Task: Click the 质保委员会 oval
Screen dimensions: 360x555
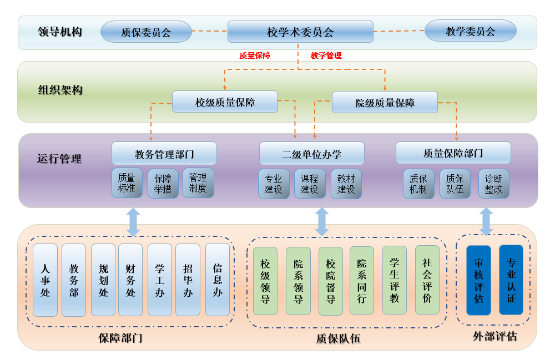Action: pos(146,32)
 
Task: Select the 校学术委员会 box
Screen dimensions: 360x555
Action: pos(300,32)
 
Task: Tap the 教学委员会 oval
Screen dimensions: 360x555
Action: pos(470,31)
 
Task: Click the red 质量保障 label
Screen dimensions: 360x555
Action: pos(255,55)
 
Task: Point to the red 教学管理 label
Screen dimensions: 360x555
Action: pos(326,55)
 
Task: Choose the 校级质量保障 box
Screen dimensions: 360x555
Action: pos(225,102)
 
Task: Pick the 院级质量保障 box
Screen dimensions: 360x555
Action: pos(385,103)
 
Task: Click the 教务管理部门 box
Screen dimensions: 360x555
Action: pos(164,154)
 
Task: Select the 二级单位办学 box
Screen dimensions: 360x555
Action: pos(311,154)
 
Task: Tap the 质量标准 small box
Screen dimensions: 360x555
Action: pos(127,183)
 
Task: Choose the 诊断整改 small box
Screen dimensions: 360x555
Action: pos(493,184)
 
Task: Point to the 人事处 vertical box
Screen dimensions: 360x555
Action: pos(46,280)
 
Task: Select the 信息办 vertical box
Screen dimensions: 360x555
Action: pos(218,280)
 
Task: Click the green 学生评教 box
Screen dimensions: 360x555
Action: pos(395,280)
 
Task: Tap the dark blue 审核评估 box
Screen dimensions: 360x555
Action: pos(478,280)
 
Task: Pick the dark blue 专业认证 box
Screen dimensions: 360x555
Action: pos(511,280)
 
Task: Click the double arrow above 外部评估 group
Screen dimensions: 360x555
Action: pos(486,222)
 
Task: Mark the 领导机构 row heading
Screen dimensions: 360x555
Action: pos(60,32)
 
